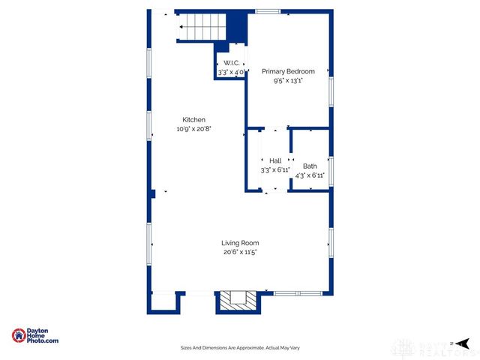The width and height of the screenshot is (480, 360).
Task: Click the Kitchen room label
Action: point(193,120)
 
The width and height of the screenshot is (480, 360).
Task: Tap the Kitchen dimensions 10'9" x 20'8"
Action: point(193,129)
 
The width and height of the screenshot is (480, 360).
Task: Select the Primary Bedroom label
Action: point(288,71)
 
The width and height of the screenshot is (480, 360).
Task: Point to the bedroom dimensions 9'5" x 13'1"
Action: point(288,80)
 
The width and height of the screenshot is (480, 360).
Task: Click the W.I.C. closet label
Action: point(231,64)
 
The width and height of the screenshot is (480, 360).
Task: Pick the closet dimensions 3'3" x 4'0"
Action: point(231,72)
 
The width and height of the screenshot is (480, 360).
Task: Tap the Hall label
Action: point(275,160)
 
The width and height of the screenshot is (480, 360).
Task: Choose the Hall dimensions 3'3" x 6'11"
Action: point(275,169)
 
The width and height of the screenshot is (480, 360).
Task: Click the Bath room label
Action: point(310,166)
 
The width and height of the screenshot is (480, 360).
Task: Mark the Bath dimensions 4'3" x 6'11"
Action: point(310,175)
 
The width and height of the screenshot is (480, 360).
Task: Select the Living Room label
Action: point(240,242)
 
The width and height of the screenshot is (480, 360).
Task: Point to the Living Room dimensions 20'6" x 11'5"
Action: point(240,251)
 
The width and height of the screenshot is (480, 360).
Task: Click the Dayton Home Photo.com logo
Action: point(35,336)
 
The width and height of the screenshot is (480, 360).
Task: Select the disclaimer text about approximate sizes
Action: point(240,347)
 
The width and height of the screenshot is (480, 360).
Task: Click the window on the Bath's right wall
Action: point(331,169)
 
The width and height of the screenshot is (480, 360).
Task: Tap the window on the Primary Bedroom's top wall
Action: point(268,11)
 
